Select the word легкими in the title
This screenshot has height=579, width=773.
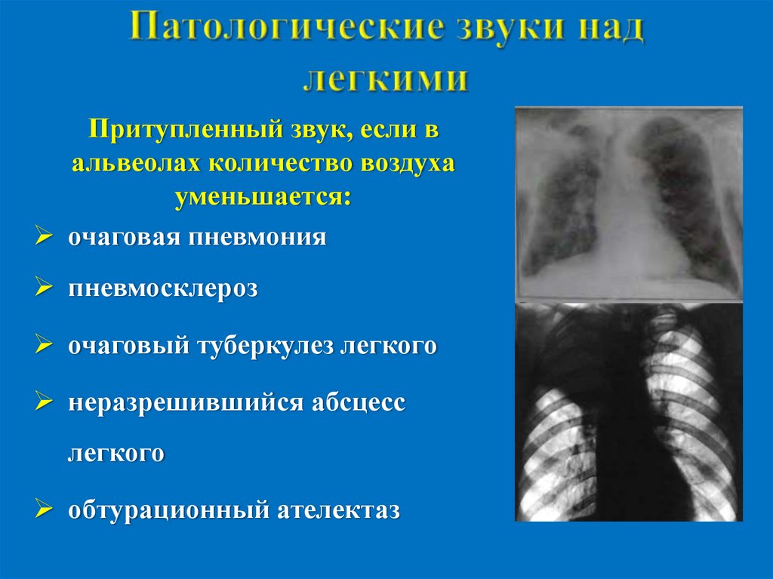pos(386,78)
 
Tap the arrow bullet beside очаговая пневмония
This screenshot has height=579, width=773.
pos(45,238)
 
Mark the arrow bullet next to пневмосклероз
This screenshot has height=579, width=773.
pos(45,288)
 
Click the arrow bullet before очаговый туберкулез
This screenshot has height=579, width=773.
pos(45,345)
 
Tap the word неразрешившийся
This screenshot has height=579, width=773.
pos(185,403)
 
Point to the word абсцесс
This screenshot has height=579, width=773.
pos(359,403)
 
